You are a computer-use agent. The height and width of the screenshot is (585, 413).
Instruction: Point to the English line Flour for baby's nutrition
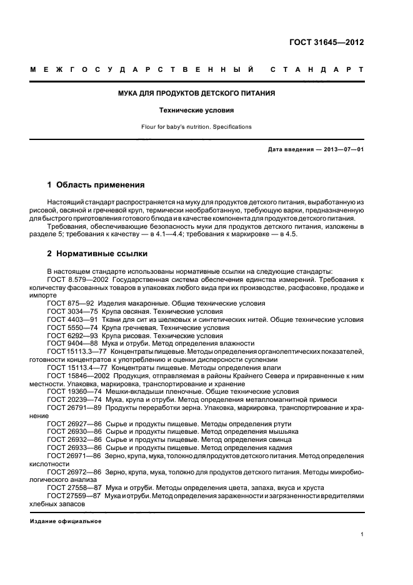(197, 127)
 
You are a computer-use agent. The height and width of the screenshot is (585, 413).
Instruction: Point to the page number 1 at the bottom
(362, 535)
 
